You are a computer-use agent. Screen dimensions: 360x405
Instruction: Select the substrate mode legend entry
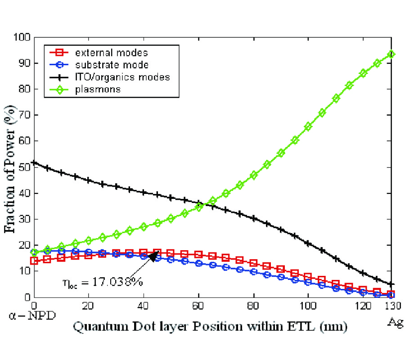(108, 65)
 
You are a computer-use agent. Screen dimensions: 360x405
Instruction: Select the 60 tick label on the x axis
(198, 306)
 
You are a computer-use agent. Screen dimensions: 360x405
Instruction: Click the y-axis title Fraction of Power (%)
(9, 166)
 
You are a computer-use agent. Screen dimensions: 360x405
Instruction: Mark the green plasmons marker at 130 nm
(391, 54)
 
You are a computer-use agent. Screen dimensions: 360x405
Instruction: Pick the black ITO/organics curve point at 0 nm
(34, 162)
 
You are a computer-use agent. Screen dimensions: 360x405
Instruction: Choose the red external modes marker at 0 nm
(34, 261)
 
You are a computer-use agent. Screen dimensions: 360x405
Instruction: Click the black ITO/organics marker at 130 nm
(391, 284)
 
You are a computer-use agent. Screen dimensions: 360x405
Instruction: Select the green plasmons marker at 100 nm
(308, 127)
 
